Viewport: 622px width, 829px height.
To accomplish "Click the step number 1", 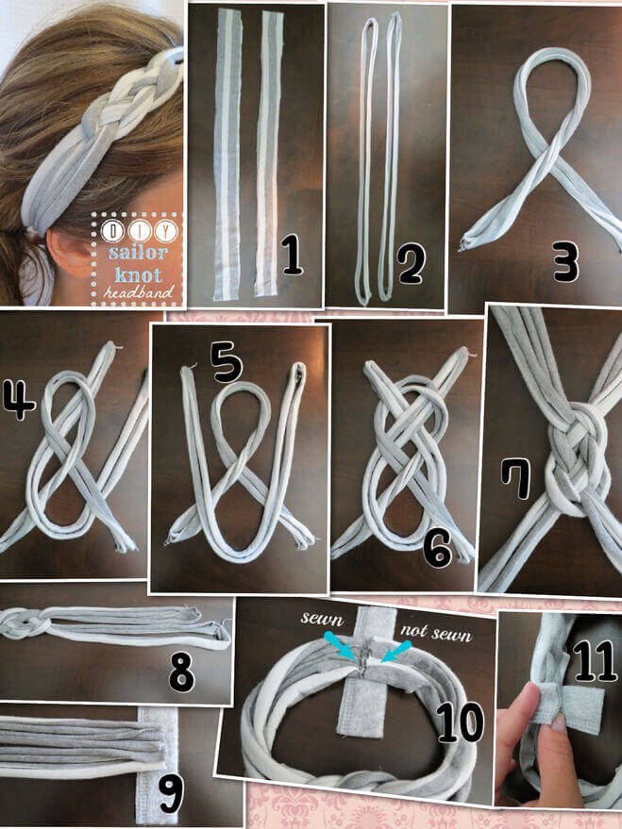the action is [292, 256].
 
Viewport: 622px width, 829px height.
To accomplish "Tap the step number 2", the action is [412, 264].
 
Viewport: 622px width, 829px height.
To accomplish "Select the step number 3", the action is [566, 261].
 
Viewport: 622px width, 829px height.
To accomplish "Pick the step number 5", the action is [227, 361].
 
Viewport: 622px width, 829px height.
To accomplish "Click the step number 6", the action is [437, 548].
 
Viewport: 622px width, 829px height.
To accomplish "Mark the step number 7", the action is [515, 478].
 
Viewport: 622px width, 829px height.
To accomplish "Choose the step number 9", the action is [171, 792].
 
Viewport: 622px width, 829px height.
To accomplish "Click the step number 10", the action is [460, 722].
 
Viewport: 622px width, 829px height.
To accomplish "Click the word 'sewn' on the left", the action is [322, 619].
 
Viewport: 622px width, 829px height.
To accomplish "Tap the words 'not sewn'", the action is [436, 633].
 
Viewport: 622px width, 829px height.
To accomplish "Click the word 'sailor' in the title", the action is [138, 252].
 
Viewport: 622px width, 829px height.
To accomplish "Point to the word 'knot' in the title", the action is [138, 275].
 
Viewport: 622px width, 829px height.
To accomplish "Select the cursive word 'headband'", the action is [139, 291].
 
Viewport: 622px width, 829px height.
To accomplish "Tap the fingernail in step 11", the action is [558, 722].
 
